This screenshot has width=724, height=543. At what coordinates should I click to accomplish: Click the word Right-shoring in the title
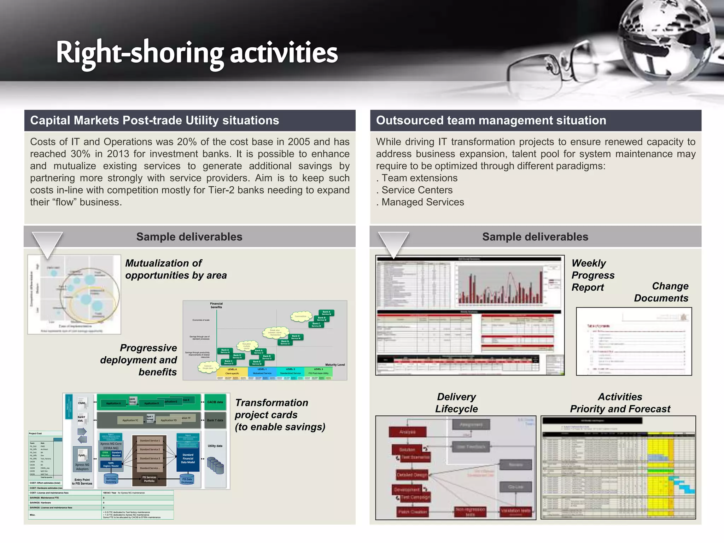pos(140,53)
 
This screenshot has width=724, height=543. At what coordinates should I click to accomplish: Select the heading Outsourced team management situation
pos(491,121)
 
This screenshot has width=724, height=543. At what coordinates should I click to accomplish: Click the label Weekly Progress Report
pos(592,275)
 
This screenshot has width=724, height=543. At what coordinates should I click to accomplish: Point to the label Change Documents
pos(661,292)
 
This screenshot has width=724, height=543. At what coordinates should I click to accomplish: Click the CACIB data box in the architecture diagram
pos(215,402)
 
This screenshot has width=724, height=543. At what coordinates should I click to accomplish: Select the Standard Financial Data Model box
pos(188,459)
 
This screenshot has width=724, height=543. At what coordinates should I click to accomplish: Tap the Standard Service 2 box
pos(150,450)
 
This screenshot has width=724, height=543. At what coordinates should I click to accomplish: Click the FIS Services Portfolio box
pos(149,479)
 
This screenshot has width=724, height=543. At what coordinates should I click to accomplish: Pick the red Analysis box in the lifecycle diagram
pos(407,432)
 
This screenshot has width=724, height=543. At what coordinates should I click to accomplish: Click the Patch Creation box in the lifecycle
pos(412,512)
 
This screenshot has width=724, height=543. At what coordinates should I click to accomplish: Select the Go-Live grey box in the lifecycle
pos(515,487)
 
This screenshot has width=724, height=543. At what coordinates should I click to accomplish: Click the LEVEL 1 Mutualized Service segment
pos(262,372)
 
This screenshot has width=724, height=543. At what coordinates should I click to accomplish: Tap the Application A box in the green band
pos(113,403)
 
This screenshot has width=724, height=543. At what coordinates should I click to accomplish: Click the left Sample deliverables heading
pos(189,237)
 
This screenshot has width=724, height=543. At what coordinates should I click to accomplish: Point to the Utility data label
pos(215,446)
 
